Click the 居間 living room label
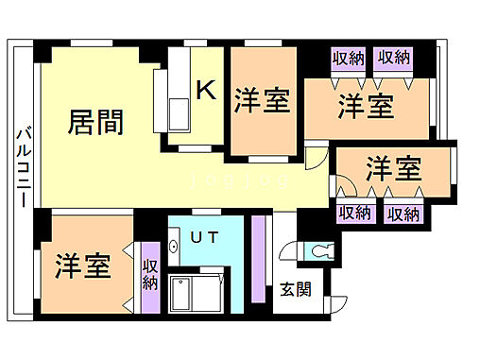pos(97,123)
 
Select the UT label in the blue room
pos(203,238)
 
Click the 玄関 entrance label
pos(294,290)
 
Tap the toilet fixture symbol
pos(321,251)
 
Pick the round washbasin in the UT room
pos(175,248)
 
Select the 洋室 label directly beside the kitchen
pos(262,100)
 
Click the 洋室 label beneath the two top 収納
pos(366,106)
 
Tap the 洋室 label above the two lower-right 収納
pos(393,170)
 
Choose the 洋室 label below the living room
pos(83,266)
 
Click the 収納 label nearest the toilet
pos(354,214)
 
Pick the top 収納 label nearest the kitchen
pos(348,59)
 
